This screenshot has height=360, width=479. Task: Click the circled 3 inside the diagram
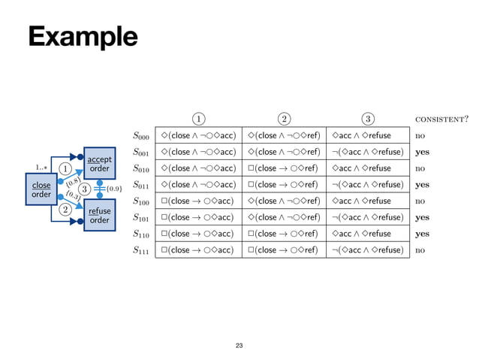(x=85, y=189)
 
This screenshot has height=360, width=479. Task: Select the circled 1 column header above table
(x=197, y=119)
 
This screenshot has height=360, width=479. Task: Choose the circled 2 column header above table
(x=283, y=119)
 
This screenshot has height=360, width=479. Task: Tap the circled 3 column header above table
(x=367, y=119)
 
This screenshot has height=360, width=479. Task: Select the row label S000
(x=140, y=136)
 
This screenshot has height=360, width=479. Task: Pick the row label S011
(x=140, y=185)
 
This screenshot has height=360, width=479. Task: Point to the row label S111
(x=140, y=250)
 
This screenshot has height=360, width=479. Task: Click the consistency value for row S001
(x=422, y=152)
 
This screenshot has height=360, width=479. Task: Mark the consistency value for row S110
(x=422, y=234)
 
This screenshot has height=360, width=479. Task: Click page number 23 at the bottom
(x=239, y=345)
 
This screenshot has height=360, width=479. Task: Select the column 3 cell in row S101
(x=367, y=217)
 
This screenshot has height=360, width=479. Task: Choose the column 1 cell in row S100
(x=197, y=201)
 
